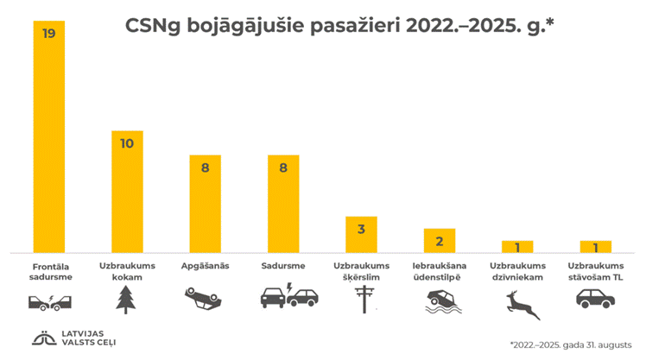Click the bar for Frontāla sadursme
click(x=49, y=138)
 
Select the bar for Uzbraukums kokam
click(x=127, y=192)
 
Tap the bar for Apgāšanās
click(x=205, y=204)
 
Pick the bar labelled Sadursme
click(x=282, y=204)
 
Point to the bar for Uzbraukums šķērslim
click(x=361, y=234)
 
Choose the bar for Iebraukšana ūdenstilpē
click(x=439, y=240)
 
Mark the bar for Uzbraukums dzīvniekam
click(x=517, y=246)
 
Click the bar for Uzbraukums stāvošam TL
click(x=595, y=246)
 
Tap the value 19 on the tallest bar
click(x=49, y=34)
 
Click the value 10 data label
click(x=127, y=143)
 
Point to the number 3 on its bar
click(x=361, y=229)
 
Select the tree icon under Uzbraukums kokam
click(x=127, y=299)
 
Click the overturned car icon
click(x=204, y=299)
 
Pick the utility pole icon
click(x=361, y=300)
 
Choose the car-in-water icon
click(x=439, y=300)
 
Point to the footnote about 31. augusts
click(x=570, y=343)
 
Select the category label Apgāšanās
click(x=205, y=266)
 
